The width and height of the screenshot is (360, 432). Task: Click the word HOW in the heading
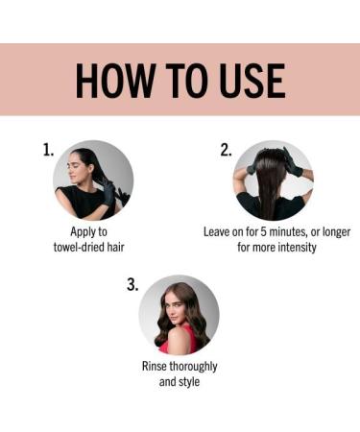coord(114,81)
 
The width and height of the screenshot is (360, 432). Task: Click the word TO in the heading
coord(186,81)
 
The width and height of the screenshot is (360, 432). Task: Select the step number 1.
coord(48,150)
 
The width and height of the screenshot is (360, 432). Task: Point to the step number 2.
coord(226,150)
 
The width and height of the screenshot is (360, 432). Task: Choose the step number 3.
coord(132,284)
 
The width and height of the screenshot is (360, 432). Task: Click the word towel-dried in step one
coord(79,247)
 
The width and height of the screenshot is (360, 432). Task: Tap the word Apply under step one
coord(80,232)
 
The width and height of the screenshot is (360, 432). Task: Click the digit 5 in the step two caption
coord(263,232)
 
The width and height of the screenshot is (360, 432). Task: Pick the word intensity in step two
coord(297,248)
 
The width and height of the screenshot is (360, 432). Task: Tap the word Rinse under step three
coord(155,366)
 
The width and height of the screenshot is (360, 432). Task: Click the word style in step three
coord(189,382)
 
